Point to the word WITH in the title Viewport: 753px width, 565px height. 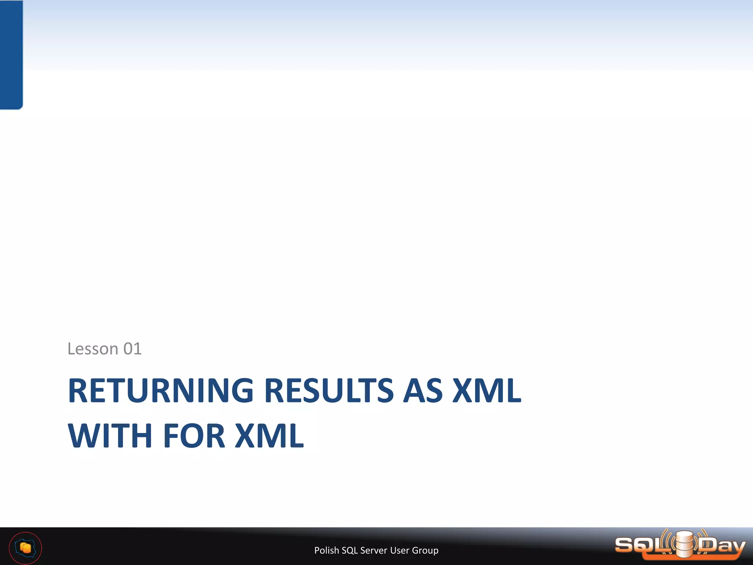[x=110, y=436]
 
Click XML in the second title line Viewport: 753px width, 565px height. [x=269, y=436]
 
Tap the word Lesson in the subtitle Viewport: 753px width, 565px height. [x=93, y=349]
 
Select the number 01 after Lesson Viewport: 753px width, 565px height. [x=132, y=349]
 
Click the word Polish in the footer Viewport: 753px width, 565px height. [x=326, y=550]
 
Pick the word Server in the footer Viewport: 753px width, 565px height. [x=374, y=550]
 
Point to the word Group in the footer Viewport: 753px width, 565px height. [x=425, y=550]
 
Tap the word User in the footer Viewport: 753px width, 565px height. [x=399, y=550]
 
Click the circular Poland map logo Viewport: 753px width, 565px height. [x=25, y=548]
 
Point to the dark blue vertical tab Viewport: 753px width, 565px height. [x=11, y=54]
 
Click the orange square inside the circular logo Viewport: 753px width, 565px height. [x=26, y=548]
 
